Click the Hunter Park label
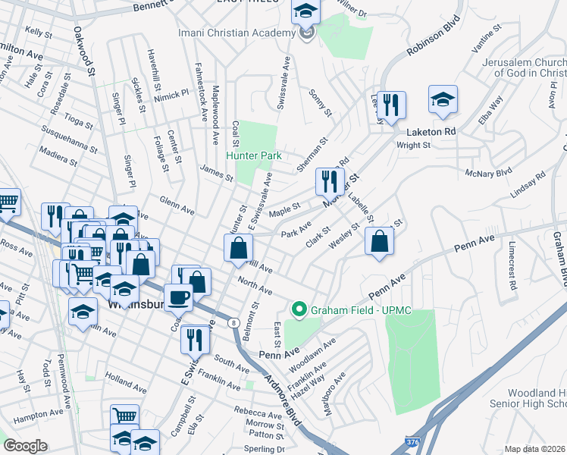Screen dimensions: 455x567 pos(253,156)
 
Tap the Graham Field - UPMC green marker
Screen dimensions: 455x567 pos(299,309)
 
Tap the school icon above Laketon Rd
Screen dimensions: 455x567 pos(443,100)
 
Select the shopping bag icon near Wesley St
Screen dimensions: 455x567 pos(379,242)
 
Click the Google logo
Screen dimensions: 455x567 pos(25,446)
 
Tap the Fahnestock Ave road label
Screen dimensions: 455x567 pos(202,93)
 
